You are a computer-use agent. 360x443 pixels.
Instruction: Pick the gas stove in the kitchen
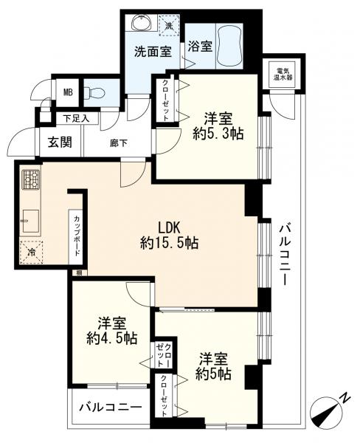click(x=30, y=179)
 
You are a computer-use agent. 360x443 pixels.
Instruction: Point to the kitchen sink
click(x=30, y=220)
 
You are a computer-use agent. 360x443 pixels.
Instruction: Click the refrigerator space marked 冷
click(x=32, y=252)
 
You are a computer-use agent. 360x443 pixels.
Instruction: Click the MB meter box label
click(x=67, y=92)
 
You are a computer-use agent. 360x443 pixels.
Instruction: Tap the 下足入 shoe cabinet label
click(x=75, y=118)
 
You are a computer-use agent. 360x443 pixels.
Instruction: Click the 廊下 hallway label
click(x=119, y=142)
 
